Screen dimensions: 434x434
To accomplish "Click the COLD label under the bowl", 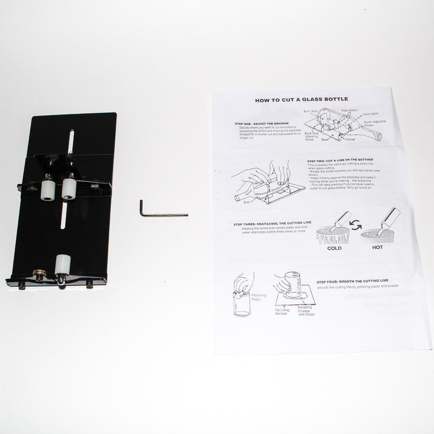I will coord(334,248).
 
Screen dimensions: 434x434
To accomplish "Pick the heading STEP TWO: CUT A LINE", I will coord(340,160).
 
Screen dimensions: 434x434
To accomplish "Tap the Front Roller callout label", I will coord(370,114).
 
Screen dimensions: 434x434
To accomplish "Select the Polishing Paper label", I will coord(258,297).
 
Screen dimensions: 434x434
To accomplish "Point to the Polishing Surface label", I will coord(282,312).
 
